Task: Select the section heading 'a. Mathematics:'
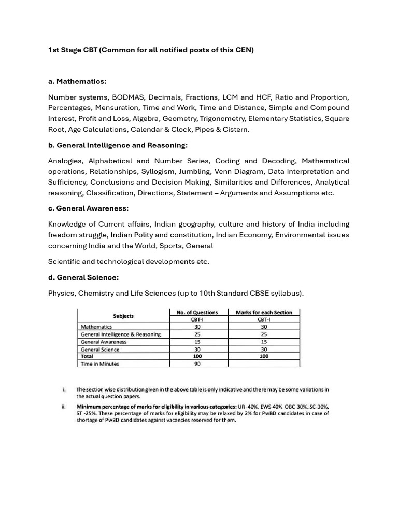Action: click(x=77, y=81)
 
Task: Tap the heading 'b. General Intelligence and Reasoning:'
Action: click(x=118, y=145)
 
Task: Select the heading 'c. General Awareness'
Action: click(x=87, y=208)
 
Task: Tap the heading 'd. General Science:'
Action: click(x=83, y=277)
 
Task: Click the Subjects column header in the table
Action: click(x=123, y=316)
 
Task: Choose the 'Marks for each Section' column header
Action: click(x=264, y=312)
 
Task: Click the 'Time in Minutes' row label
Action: click(x=100, y=364)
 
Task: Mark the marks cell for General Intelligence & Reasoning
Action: click(x=264, y=334)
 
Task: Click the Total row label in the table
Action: click(x=89, y=356)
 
